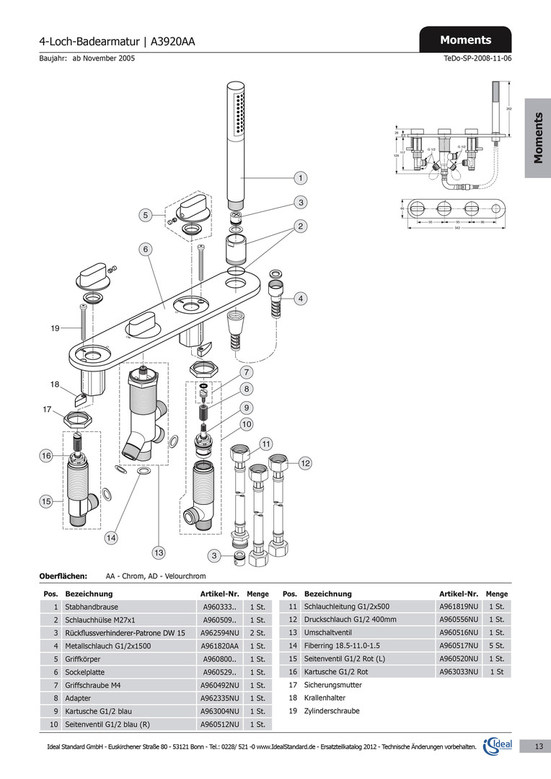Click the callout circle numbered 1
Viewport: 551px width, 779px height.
click(x=299, y=177)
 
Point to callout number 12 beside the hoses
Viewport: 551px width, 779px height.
click(x=304, y=462)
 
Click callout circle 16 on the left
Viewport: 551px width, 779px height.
click(x=46, y=456)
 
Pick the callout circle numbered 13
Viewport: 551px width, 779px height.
click(x=158, y=553)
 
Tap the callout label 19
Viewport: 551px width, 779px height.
click(x=55, y=329)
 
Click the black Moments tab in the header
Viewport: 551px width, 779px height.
click(x=465, y=40)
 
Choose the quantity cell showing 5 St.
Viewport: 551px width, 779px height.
click(x=495, y=646)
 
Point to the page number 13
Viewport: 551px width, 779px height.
click(x=539, y=747)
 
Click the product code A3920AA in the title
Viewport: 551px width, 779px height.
click(x=173, y=42)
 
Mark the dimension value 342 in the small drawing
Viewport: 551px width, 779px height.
click(x=457, y=228)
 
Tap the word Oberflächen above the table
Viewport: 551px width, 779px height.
click(x=63, y=577)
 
